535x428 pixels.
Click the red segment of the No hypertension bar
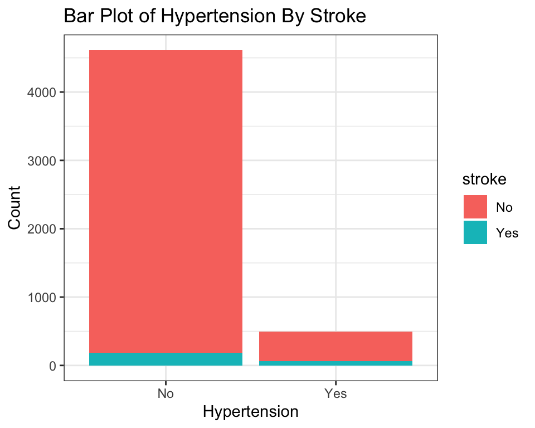point(166,201)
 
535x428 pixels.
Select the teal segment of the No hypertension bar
point(166,359)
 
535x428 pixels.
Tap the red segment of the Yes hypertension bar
point(335,346)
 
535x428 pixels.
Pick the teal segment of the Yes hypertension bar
point(335,363)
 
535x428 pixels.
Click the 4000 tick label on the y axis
point(41,93)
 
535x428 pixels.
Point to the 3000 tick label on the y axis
point(41,160)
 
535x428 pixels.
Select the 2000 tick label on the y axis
point(41,229)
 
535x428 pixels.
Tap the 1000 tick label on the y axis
point(41,297)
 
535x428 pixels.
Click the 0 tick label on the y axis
point(52,366)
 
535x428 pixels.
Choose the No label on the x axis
point(166,393)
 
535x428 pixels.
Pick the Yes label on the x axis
point(335,393)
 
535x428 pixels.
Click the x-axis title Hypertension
point(250,412)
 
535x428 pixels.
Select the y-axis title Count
point(14,208)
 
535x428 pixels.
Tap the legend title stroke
point(484,179)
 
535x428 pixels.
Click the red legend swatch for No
point(475,207)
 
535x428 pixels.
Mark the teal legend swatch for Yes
point(475,232)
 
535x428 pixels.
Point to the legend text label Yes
point(507,233)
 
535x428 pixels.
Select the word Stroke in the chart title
point(338,16)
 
